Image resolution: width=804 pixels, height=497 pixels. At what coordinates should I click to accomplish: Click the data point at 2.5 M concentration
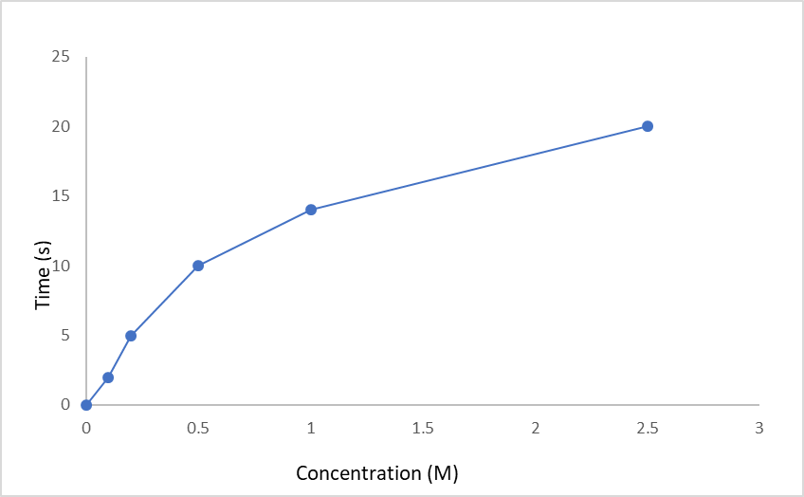coord(648,126)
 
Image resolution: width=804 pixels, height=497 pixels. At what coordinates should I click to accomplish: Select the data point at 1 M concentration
coord(311,210)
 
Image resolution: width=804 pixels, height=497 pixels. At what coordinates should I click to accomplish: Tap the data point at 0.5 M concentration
coord(198,266)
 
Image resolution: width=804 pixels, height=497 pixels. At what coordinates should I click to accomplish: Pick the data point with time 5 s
coord(131,336)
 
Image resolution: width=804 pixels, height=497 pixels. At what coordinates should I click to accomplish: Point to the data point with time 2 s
coord(108,377)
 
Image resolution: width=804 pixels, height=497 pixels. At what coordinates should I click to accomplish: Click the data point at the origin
coord(86,405)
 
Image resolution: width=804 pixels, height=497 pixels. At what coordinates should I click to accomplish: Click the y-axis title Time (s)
coord(42,275)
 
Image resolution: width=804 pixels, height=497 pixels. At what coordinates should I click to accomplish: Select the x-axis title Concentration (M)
coord(377,472)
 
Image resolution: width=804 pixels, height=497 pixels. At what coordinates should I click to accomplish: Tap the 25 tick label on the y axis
coord(61,57)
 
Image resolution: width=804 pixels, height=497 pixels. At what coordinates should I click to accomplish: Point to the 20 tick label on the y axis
coord(61,126)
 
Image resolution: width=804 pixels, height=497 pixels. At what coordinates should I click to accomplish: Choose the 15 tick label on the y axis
coord(61,196)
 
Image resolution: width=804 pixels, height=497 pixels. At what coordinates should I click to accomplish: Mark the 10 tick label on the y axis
coord(61,266)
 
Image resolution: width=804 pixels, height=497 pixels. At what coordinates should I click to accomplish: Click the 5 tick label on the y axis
coord(65,335)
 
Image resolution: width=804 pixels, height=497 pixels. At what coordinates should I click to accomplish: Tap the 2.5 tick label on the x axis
coord(648,428)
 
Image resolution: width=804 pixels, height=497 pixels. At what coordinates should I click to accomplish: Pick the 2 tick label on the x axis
coord(536,428)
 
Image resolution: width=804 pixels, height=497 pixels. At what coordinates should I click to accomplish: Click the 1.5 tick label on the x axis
coord(423,428)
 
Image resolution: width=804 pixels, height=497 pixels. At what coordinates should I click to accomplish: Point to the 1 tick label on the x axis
coord(311,428)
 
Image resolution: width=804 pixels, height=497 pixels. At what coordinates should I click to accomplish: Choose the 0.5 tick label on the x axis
coord(198,428)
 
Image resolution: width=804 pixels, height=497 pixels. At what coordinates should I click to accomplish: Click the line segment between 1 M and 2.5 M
coord(479,168)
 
